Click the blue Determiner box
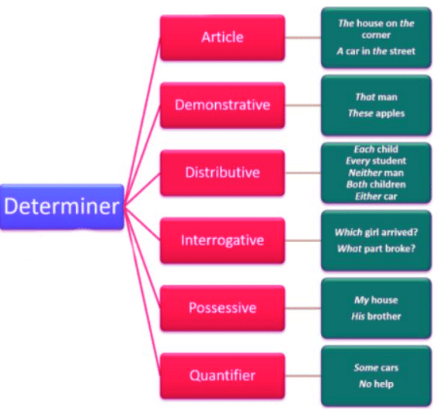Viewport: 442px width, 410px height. click(62, 206)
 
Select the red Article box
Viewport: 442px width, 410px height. click(221, 37)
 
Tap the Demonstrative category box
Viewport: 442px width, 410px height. click(221, 105)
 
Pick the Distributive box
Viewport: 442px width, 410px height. click(221, 172)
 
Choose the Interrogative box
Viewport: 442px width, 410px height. click(221, 240)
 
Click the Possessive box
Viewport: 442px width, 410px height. click(221, 307)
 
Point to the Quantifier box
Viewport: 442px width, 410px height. click(221, 376)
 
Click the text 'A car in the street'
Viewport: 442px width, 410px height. click(376, 51)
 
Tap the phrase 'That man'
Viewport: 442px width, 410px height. click(376, 97)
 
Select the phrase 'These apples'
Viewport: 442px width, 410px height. click(376, 113)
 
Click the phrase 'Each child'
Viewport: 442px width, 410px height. click(376, 149)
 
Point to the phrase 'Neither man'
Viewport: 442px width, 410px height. click(376, 173)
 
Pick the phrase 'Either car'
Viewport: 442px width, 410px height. click(376, 196)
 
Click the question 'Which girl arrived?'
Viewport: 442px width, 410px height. click(376, 233)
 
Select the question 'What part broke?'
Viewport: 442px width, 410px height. click(376, 249)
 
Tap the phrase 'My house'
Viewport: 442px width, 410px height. click(376, 300)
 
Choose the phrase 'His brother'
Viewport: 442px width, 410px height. click(376, 316)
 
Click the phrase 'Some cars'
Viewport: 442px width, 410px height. click(376, 367)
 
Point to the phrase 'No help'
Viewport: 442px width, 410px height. click(376, 384)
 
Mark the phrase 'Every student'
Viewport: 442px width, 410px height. click(376, 161)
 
